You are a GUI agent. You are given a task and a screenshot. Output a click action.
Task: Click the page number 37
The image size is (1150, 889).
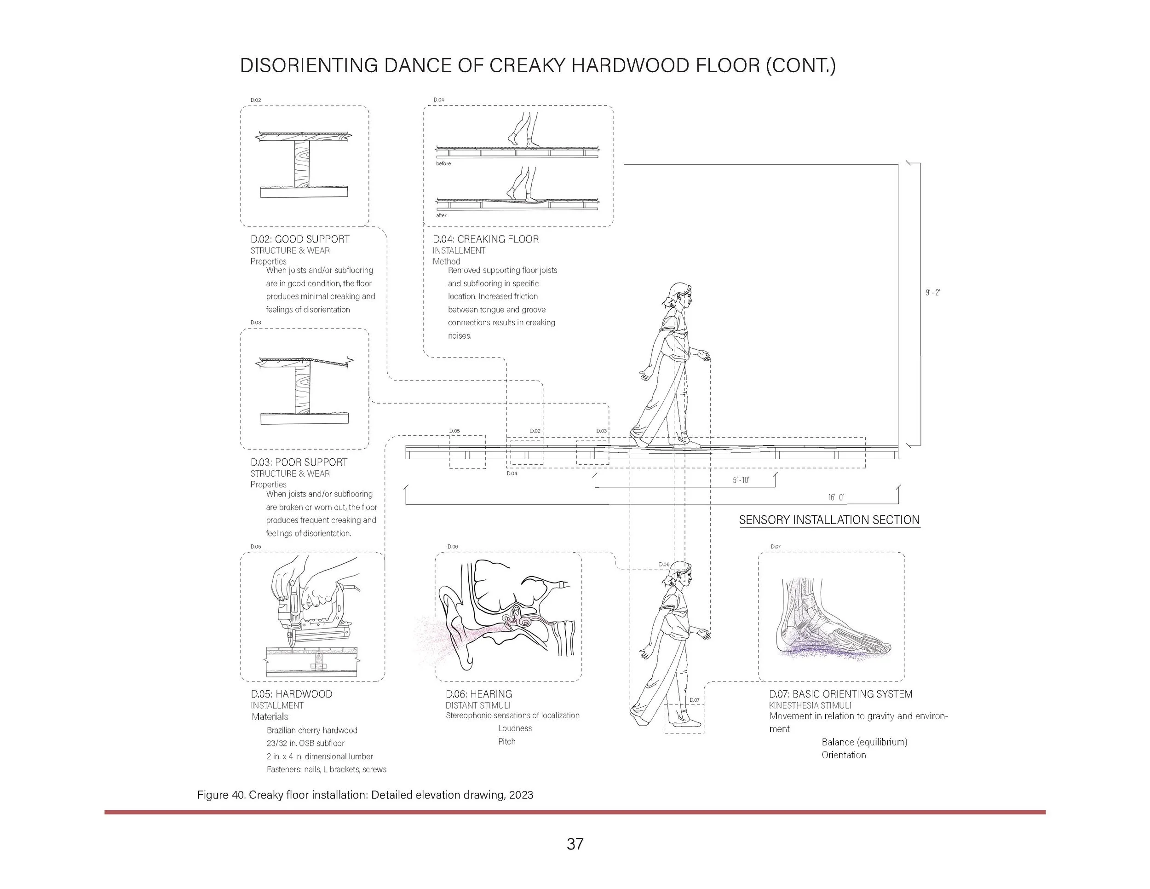(575, 844)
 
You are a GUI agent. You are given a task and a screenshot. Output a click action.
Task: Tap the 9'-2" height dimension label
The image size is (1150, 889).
(933, 292)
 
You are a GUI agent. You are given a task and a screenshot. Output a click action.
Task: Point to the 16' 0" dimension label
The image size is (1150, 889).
(836, 497)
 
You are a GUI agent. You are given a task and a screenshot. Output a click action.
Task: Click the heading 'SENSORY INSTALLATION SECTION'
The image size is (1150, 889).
(829, 520)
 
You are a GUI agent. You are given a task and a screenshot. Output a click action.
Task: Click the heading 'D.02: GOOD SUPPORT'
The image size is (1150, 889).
(299, 239)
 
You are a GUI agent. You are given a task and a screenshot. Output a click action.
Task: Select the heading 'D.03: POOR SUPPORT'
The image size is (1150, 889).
(299, 462)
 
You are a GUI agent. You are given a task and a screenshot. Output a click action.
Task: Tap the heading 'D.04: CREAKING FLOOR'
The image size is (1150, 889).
(485, 239)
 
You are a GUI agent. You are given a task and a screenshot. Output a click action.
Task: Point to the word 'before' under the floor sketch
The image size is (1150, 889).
(443, 164)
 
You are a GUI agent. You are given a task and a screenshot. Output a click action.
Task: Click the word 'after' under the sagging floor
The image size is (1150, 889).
(441, 215)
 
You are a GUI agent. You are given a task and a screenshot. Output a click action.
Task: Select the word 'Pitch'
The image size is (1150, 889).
(506, 742)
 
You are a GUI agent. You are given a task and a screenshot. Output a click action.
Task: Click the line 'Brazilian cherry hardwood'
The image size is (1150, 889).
(312, 730)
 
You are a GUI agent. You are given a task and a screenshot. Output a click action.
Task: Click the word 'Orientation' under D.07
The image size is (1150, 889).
(844, 755)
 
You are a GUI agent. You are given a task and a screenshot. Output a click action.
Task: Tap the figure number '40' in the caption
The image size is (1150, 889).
(237, 795)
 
